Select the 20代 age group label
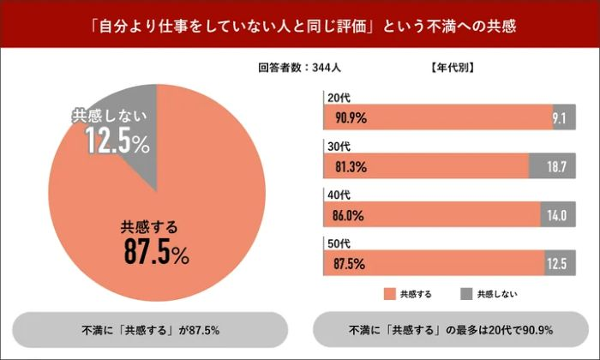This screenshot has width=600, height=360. [x=337, y=98]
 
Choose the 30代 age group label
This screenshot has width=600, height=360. [x=337, y=147]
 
